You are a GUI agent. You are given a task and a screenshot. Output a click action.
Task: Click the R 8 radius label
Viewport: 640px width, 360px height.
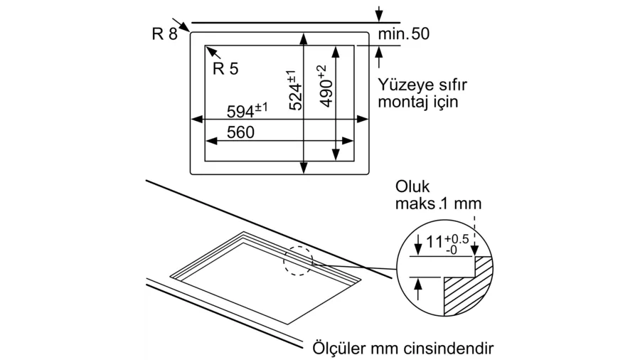click(164, 34)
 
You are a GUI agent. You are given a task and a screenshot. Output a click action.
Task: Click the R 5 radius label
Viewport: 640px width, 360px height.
click(225, 68)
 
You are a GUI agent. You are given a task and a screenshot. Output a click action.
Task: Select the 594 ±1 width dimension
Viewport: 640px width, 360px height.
click(247, 110)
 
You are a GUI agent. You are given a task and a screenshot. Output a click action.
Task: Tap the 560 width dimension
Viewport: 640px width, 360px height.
click(240, 132)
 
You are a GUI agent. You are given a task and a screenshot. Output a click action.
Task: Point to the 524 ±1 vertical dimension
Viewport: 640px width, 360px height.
click(296, 90)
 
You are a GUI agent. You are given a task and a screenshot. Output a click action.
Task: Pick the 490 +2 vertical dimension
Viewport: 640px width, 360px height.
click(326, 86)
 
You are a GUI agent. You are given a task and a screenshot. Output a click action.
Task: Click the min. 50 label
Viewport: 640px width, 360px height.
click(404, 33)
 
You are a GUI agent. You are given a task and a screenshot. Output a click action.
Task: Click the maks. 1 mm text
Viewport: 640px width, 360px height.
click(438, 203)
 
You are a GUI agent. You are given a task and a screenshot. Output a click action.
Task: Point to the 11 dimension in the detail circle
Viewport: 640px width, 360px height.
click(434, 242)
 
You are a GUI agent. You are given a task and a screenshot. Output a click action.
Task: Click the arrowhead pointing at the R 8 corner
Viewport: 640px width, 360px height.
click(184, 27)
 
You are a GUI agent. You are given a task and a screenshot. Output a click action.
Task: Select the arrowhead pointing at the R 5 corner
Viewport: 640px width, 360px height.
click(211, 51)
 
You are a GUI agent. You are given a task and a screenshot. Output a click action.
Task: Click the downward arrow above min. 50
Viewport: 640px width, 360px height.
click(379, 14)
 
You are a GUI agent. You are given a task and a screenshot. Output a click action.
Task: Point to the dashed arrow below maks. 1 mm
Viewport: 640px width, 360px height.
click(474, 236)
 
